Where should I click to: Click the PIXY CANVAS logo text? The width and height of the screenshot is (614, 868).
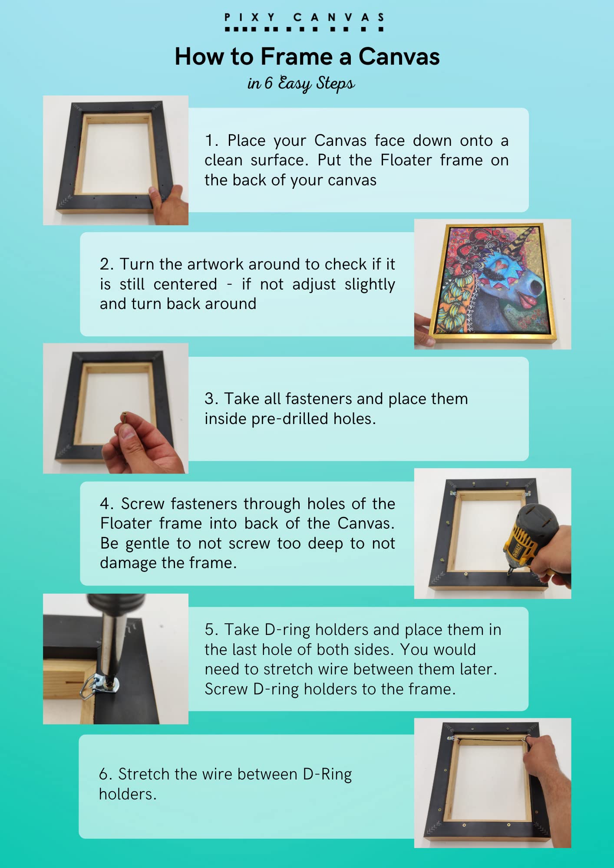coord(304,18)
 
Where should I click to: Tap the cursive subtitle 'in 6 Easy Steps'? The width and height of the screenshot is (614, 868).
coord(301,83)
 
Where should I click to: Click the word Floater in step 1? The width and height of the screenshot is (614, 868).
coord(406,160)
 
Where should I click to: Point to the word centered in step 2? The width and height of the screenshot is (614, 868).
coord(185,284)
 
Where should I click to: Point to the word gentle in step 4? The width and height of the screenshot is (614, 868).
coord(147,543)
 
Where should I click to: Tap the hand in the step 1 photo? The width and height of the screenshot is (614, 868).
coord(167,202)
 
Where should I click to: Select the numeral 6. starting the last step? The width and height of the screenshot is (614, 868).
coord(106,774)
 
